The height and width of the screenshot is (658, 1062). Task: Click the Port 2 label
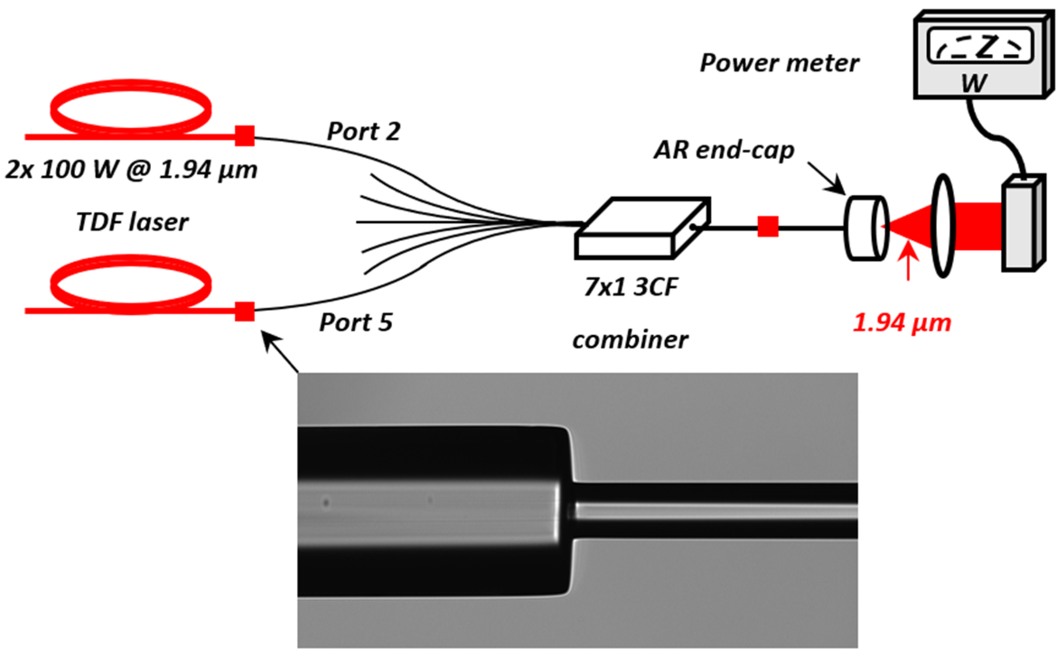(x=363, y=132)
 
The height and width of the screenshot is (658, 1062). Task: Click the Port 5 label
(x=356, y=322)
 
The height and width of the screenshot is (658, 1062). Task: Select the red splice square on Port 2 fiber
(x=244, y=136)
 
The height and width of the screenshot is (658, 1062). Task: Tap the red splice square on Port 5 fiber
(x=244, y=311)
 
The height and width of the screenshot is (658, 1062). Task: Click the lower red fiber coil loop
(x=131, y=285)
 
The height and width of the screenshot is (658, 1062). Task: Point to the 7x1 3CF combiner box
(x=641, y=228)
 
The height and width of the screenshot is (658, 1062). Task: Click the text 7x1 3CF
(x=631, y=287)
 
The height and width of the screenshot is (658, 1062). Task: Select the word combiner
(x=630, y=339)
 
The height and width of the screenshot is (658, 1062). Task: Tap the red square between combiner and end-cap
(x=767, y=227)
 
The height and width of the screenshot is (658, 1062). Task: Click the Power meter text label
(x=779, y=63)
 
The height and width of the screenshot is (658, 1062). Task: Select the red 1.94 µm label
(x=902, y=323)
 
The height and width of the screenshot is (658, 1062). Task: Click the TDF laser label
(x=132, y=222)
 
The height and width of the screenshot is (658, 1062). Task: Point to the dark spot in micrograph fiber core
(x=326, y=502)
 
